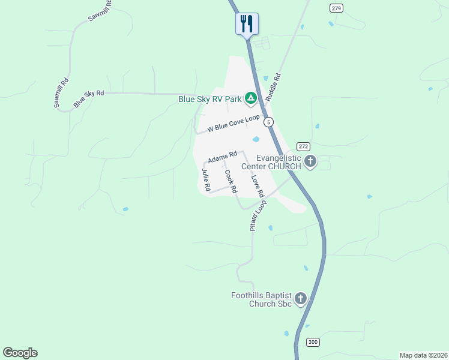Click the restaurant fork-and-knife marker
(247, 24)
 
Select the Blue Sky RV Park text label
(209, 99)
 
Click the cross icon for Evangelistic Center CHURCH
(310, 161)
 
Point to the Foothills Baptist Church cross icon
(300, 298)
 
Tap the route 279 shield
(336, 8)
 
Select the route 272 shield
(303, 146)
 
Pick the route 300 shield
(313, 342)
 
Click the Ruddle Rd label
(277, 86)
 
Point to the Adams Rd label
(223, 157)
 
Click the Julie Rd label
(206, 180)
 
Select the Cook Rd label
(229, 181)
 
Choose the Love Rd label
(257, 187)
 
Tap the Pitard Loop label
(258, 215)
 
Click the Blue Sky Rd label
(89, 99)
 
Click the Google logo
(20, 353)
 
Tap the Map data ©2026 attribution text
(423, 355)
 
